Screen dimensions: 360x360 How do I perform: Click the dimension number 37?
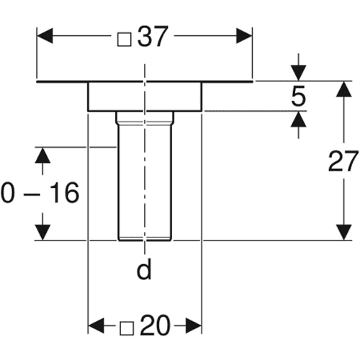tap(152, 36)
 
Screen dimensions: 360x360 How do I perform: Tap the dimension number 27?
tap(343, 161)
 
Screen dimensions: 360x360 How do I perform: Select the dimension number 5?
tap(299, 96)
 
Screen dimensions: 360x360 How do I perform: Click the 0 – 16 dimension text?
tap(40, 193)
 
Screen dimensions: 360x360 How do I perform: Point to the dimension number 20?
tap(156, 325)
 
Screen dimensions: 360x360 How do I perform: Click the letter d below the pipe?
tap(144, 269)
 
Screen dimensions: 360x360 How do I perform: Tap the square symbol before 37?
tap(125, 40)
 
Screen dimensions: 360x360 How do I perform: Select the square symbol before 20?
tap(127, 328)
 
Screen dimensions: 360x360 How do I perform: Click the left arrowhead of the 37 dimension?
tap(45, 36)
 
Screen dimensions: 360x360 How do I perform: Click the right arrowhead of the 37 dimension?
tap(244, 36)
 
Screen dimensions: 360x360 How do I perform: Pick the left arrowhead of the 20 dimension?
tap(96, 325)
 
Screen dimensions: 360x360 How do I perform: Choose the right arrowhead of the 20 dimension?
tap(194, 325)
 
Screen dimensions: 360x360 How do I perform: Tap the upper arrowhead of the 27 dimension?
tap(344, 89)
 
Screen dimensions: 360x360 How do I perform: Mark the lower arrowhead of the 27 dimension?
tap(344, 232)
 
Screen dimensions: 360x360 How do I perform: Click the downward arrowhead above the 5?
tap(298, 73)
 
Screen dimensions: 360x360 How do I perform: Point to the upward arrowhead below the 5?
tap(298, 120)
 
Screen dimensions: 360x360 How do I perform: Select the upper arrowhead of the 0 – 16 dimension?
tap(42, 156)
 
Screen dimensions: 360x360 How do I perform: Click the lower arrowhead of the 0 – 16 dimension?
tap(42, 232)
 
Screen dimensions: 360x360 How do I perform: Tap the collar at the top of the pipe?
tap(145, 118)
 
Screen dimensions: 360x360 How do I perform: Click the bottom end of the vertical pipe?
tap(145, 240)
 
